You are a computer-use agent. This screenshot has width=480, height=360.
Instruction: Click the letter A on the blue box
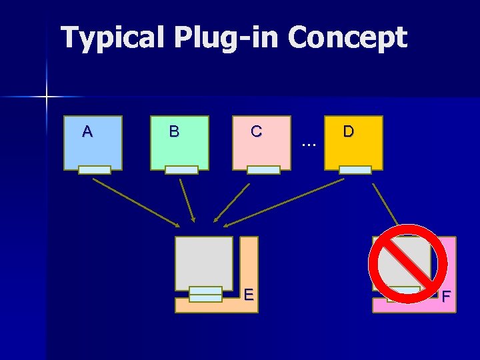click(x=87, y=131)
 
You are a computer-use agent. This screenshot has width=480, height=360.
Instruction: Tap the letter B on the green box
click(x=174, y=131)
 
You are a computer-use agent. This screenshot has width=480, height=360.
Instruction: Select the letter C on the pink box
click(x=256, y=131)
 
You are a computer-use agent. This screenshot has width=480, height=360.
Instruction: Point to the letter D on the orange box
click(x=348, y=131)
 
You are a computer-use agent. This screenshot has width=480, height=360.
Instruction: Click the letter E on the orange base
click(x=248, y=293)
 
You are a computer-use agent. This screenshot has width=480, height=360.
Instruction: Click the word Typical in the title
click(x=112, y=38)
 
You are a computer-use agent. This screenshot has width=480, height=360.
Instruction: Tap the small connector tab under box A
click(x=94, y=170)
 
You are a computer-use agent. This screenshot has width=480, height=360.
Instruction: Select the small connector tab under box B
click(x=181, y=170)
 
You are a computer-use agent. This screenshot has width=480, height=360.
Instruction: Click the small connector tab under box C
click(x=263, y=170)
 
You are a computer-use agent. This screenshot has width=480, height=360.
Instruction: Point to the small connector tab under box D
click(x=355, y=170)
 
